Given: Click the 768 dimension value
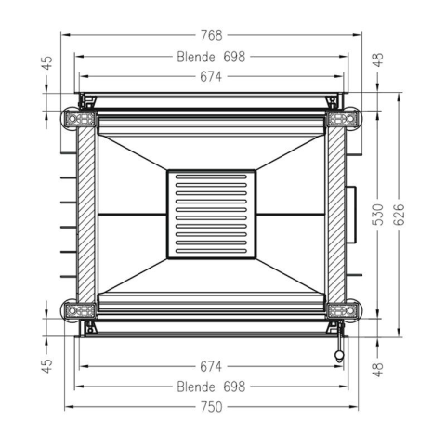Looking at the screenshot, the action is click(x=212, y=35).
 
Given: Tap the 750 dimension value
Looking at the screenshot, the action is click(x=212, y=407).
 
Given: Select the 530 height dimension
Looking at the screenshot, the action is click(x=378, y=215).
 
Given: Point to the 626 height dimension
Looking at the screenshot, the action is click(x=400, y=215).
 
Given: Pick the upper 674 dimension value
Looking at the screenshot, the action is click(x=211, y=77).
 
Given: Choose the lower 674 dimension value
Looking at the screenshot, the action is click(x=211, y=367).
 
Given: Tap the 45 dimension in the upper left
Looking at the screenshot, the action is click(x=47, y=63).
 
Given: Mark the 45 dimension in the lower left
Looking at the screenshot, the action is click(x=47, y=366).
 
